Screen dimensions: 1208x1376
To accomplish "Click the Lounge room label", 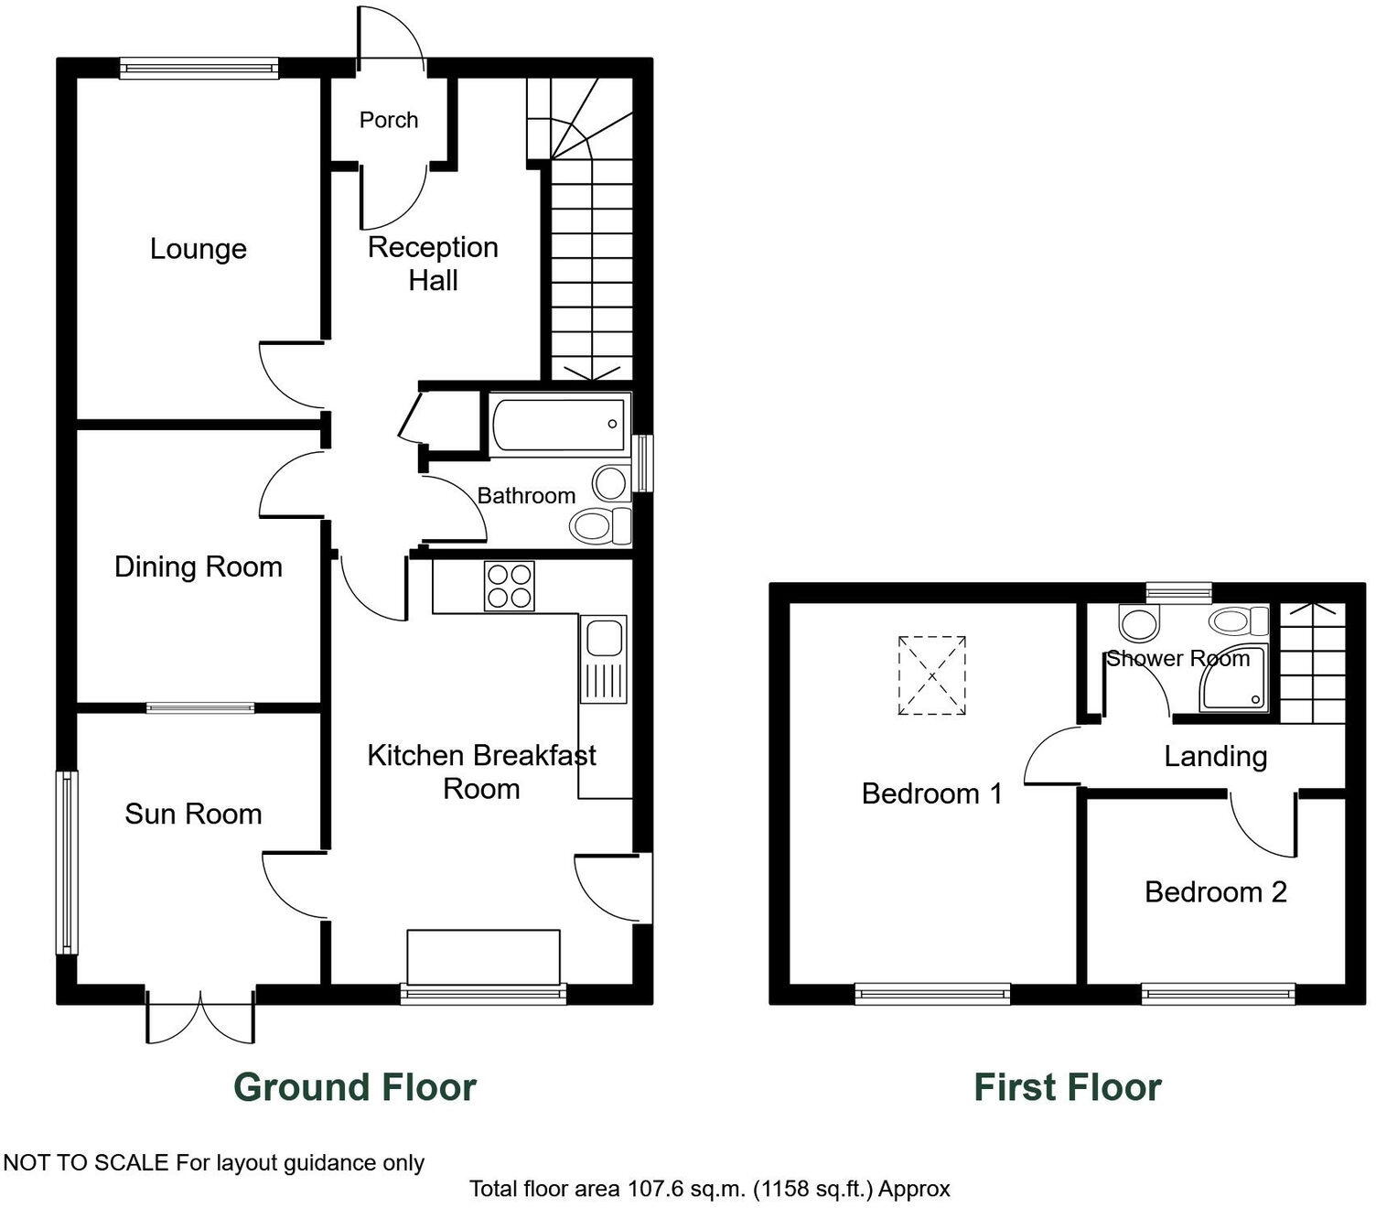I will [x=199, y=249].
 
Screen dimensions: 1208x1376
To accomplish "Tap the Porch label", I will [x=388, y=120].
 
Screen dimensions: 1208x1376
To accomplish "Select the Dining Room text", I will [x=198, y=566].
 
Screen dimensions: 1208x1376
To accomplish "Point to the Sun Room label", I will [x=193, y=814].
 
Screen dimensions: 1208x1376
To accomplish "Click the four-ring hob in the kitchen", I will [x=510, y=586].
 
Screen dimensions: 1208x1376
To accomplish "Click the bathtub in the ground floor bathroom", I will [x=559, y=424].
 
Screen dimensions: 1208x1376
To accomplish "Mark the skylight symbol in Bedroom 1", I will [x=931, y=675].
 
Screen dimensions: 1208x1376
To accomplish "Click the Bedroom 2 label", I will [x=1215, y=891].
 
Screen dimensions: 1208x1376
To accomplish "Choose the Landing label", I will [x=1215, y=756].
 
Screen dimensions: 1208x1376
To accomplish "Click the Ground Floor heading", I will [x=355, y=1087].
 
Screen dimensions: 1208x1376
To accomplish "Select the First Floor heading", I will [x=1067, y=1087].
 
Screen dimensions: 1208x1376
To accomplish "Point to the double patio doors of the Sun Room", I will [x=199, y=1016].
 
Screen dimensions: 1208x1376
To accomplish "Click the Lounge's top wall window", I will [x=199, y=68].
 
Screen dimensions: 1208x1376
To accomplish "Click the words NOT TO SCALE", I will [x=87, y=1163].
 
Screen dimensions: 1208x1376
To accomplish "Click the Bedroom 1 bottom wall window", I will [x=932, y=993].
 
